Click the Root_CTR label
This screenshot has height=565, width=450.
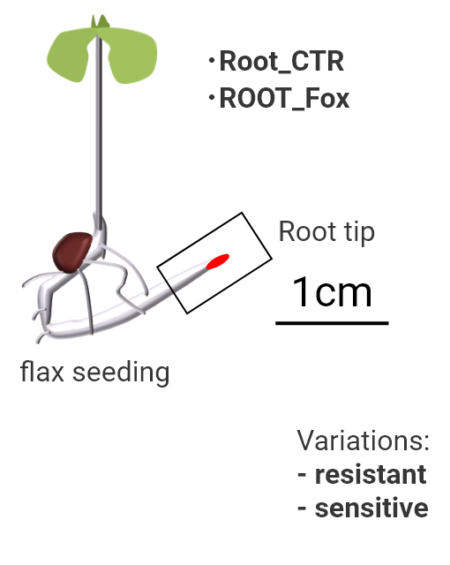(x=281, y=62)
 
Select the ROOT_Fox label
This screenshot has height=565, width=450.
(x=284, y=98)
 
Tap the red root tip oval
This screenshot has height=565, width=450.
(x=217, y=261)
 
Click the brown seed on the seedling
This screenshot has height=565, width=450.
(x=72, y=252)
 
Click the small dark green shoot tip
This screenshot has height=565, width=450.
(x=100, y=21)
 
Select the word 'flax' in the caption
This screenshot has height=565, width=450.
(x=42, y=372)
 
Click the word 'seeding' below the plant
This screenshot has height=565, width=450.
(x=121, y=373)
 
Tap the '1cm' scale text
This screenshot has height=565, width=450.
(x=332, y=292)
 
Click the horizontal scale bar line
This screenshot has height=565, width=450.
(x=332, y=324)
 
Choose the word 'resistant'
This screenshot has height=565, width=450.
(x=371, y=475)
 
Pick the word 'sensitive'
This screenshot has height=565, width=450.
(x=371, y=508)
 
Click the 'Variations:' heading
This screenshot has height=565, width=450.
(x=364, y=441)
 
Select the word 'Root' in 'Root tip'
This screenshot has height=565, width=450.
(x=307, y=231)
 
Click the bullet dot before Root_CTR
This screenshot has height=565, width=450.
(x=212, y=60)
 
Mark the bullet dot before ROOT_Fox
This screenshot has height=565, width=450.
(x=212, y=97)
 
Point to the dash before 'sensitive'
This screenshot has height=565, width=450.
(x=302, y=509)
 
